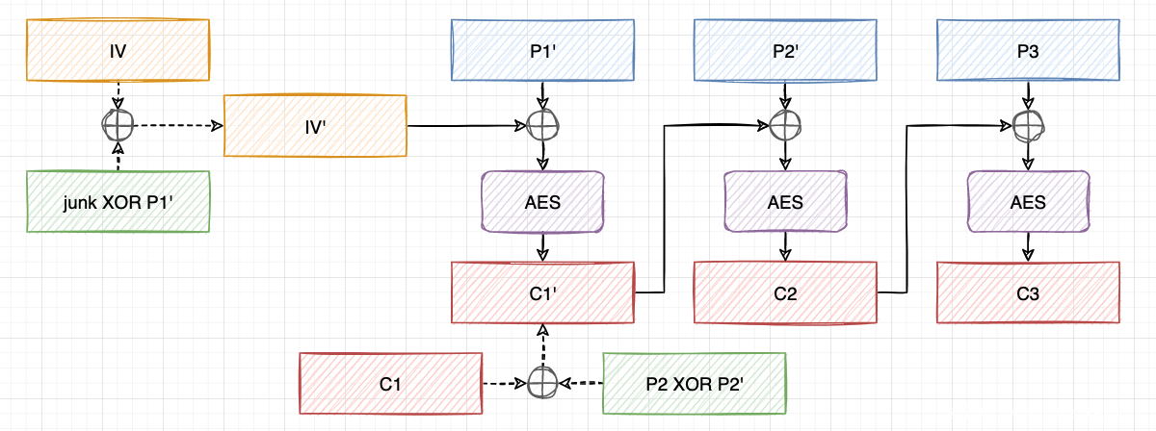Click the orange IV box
pos(118,47)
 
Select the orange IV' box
pos(315,125)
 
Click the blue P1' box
pos(543,50)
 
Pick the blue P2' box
pos(786,50)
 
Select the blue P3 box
pos(1028,50)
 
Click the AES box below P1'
pos(543,203)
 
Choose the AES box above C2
pos(786,203)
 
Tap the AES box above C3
pos(1028,203)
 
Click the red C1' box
pos(543,292)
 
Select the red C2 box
pos(786,292)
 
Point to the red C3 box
pos(1028,292)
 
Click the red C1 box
pos(390,384)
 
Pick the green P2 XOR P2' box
pos(695,384)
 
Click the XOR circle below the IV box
pos(117,125)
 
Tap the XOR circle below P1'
pos(543,125)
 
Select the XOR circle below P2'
pos(786,125)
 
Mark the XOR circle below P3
pos(1028,125)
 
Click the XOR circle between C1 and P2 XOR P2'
pos(542,383)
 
